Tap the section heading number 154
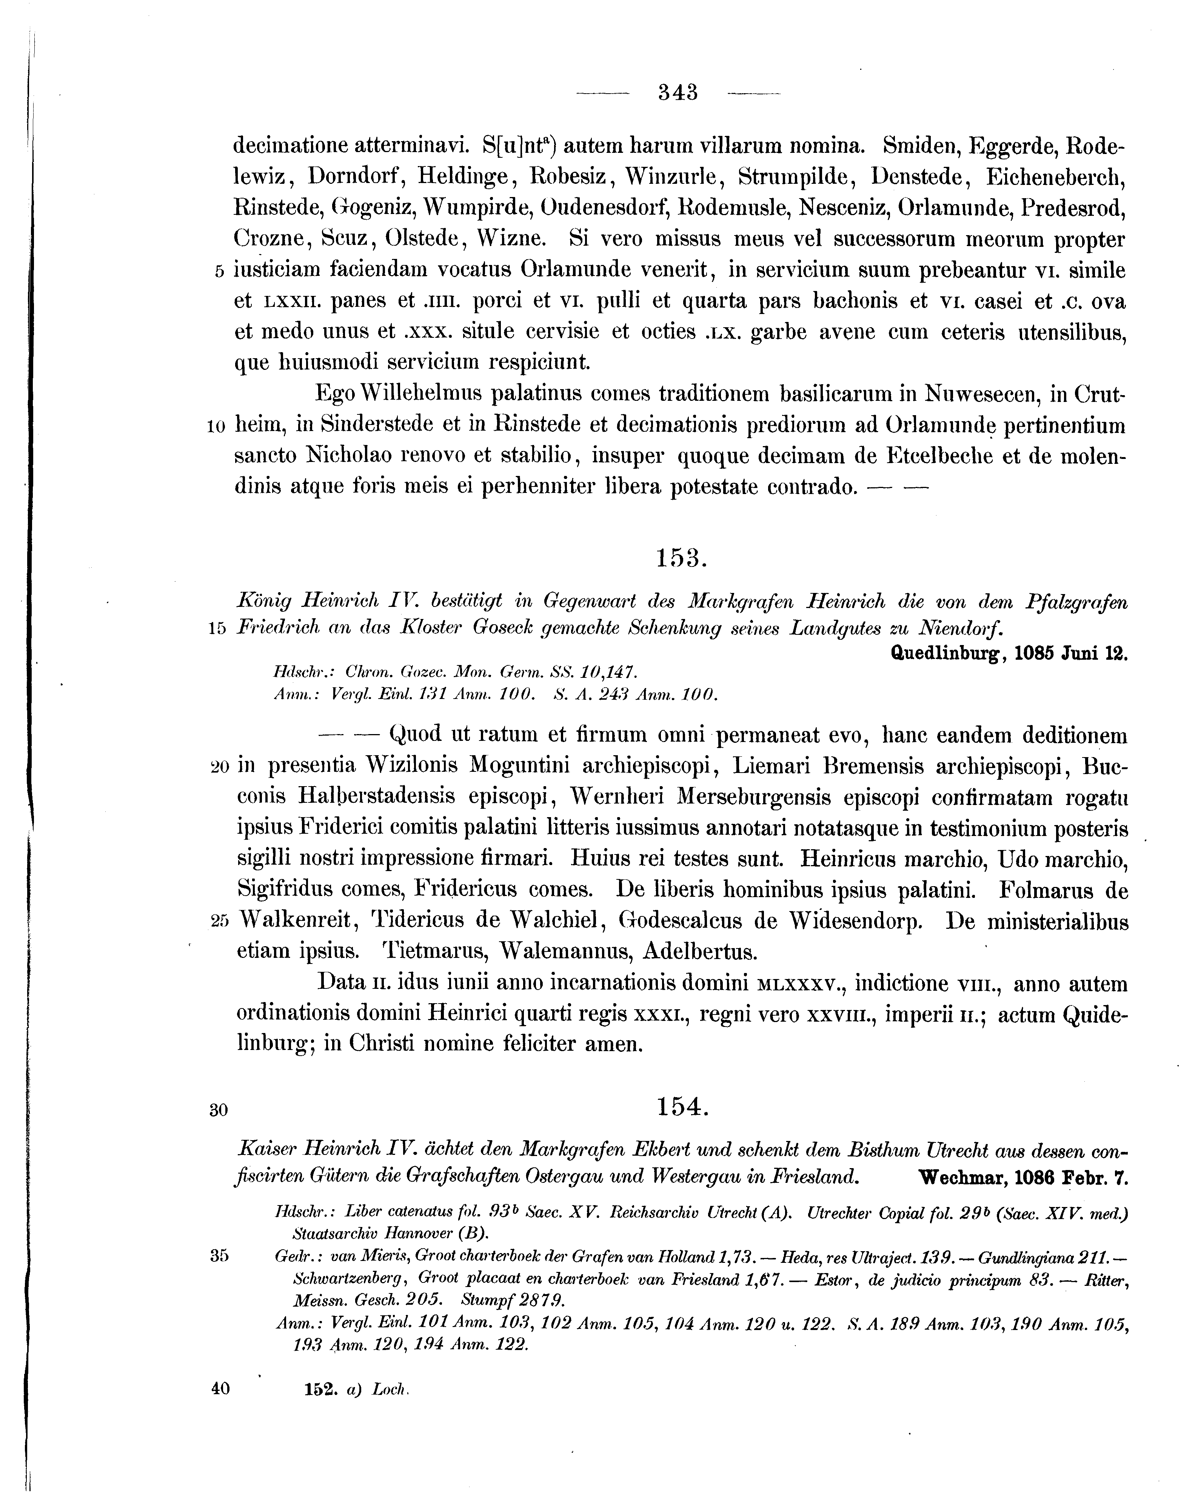tap(682, 1106)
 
